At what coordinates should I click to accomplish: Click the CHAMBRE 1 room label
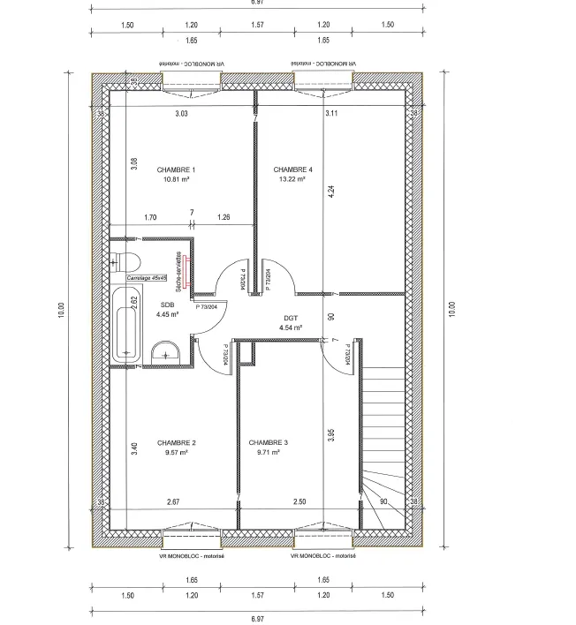tap(176, 169)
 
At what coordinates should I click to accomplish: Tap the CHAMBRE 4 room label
tap(292, 169)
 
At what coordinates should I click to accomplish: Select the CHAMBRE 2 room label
tap(176, 442)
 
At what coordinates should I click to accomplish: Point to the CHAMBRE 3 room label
tap(268, 442)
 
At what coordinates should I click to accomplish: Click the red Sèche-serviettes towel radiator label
tap(178, 273)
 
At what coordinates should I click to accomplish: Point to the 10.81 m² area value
tap(176, 178)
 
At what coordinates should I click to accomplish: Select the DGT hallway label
tap(291, 317)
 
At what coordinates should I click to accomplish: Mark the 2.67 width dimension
tap(173, 502)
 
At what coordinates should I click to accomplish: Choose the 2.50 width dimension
tap(300, 502)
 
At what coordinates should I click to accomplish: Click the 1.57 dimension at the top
tap(257, 26)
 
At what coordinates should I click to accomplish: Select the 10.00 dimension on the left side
tap(61, 310)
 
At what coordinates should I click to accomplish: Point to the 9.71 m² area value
tap(268, 452)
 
